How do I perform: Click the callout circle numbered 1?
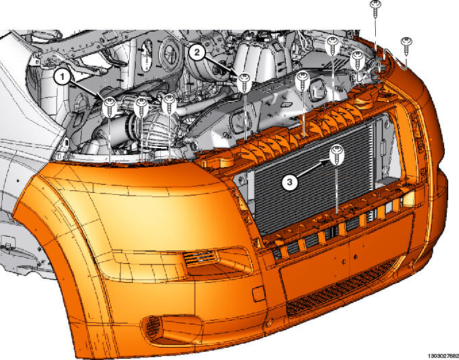(x=62, y=77)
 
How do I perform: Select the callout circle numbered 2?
(x=197, y=52)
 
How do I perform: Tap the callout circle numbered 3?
(x=289, y=182)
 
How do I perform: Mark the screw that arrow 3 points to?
(x=337, y=155)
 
